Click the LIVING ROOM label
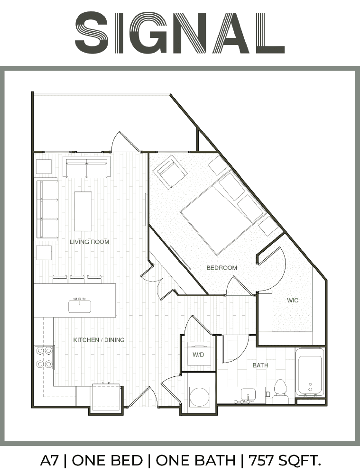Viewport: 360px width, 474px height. point(89,242)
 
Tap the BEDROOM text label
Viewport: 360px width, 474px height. point(222,267)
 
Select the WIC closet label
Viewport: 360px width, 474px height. point(293,300)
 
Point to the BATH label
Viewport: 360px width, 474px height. point(260,365)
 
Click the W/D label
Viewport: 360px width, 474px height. point(198,355)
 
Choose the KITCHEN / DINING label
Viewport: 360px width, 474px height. point(99,340)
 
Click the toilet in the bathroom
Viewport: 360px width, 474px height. point(280,391)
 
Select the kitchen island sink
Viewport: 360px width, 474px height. point(80,305)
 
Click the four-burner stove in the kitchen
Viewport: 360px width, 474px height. point(44,357)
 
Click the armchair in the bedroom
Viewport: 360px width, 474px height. point(170,172)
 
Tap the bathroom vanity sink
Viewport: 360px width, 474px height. point(249,395)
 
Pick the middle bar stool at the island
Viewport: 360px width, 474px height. point(77,279)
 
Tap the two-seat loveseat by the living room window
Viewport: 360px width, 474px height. point(86,166)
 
